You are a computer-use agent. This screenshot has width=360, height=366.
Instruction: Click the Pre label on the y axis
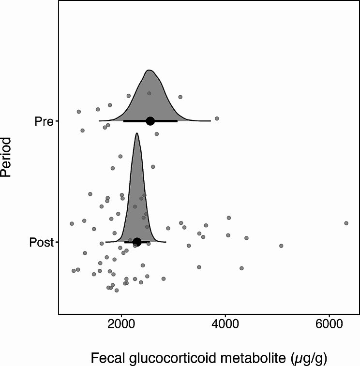tap(44, 121)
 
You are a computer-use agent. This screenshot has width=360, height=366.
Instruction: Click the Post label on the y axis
tap(41, 242)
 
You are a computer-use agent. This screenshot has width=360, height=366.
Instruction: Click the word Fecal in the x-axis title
tap(106, 358)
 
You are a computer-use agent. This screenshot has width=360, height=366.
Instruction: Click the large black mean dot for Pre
tap(150, 121)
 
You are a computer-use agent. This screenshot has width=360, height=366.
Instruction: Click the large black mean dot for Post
tap(137, 242)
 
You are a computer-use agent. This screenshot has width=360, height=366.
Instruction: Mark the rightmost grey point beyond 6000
tap(346, 223)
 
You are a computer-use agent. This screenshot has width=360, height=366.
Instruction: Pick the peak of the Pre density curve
tap(150, 70)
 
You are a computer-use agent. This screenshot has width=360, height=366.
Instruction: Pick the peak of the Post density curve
tap(137, 133)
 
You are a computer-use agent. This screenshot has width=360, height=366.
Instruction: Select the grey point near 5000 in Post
tap(281, 246)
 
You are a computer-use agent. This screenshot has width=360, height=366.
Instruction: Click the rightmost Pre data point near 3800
tap(217, 118)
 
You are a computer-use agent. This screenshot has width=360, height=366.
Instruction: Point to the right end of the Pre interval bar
tap(177, 121)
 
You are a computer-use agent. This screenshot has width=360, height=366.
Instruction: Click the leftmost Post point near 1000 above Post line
tap(72, 223)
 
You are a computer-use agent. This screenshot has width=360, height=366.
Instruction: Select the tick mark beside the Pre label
tap(57, 121)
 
